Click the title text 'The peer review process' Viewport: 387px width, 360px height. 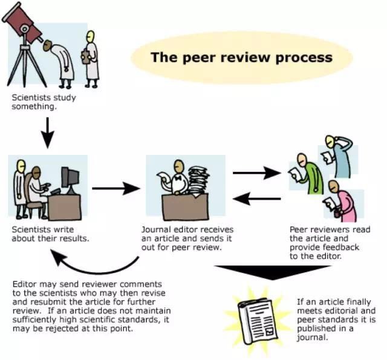[241, 57]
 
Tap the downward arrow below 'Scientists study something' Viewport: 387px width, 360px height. [49, 130]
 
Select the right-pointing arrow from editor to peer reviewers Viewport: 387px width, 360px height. [257, 173]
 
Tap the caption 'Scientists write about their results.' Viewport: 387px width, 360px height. [51, 234]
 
